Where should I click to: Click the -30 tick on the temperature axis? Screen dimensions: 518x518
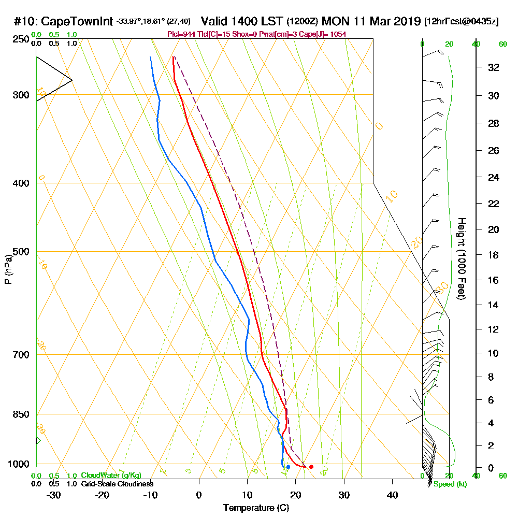[54, 495]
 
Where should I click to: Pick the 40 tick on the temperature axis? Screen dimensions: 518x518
[392, 495]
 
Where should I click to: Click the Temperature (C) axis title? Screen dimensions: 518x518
[256, 508]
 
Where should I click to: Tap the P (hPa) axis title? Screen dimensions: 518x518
[8, 269]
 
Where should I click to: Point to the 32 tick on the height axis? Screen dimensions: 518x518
[493, 67]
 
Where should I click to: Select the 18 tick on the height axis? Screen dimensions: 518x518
[493, 255]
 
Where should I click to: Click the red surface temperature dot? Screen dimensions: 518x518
[311, 467]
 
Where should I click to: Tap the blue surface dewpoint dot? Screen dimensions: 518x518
[288, 467]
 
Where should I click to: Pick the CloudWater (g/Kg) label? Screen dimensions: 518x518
[111, 476]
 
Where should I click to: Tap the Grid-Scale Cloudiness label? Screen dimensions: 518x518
[117, 484]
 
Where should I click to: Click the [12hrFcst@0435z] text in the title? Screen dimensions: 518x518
[461, 22]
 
